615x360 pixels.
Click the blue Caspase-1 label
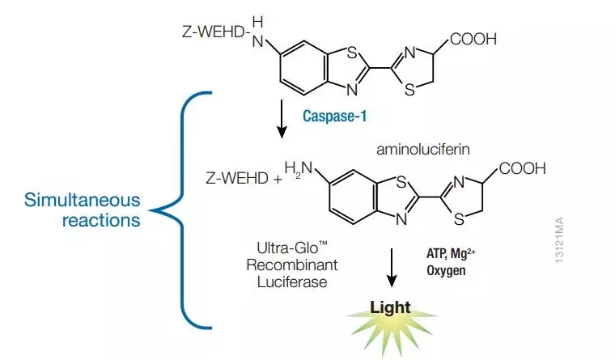click(x=334, y=116)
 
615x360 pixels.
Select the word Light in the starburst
click(x=391, y=307)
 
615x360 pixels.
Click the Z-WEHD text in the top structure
click(x=211, y=35)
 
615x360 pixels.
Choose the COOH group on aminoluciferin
click(x=523, y=169)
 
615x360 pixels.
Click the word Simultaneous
click(x=82, y=199)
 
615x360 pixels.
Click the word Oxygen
click(x=447, y=270)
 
